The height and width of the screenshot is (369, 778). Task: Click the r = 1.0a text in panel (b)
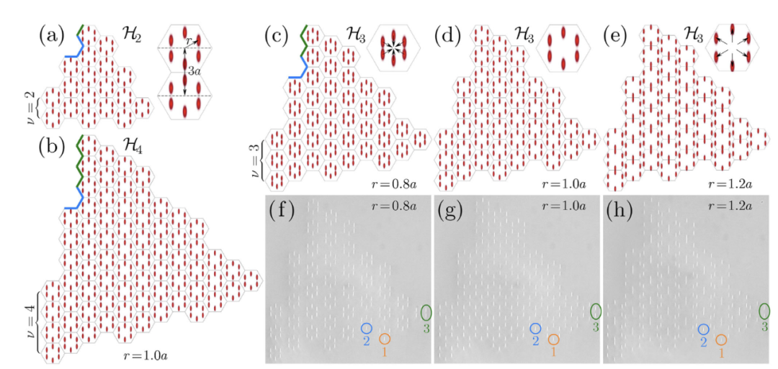click(146, 355)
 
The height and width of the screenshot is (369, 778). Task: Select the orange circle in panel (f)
click(385, 340)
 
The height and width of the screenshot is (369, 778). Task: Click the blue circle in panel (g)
click(535, 329)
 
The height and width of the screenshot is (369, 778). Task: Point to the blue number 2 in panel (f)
click(366, 341)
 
